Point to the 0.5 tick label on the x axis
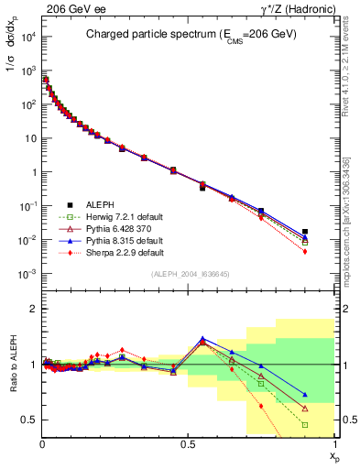click(189, 442)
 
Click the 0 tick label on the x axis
click(42, 442)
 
